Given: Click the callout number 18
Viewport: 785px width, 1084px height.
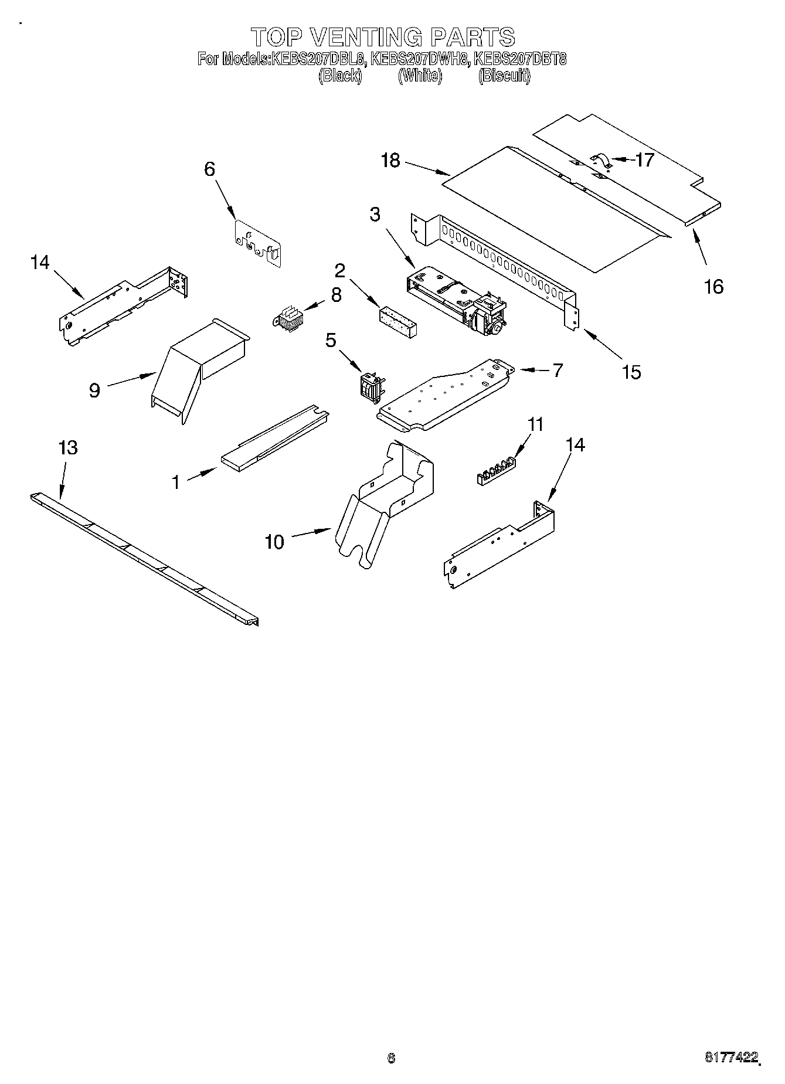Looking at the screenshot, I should pos(390,161).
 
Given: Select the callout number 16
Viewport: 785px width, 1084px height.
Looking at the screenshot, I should pos(713,287).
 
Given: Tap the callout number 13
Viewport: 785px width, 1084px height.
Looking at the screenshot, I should pos(68,448).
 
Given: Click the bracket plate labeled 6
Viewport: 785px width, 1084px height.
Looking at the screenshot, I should pos(257,243).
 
